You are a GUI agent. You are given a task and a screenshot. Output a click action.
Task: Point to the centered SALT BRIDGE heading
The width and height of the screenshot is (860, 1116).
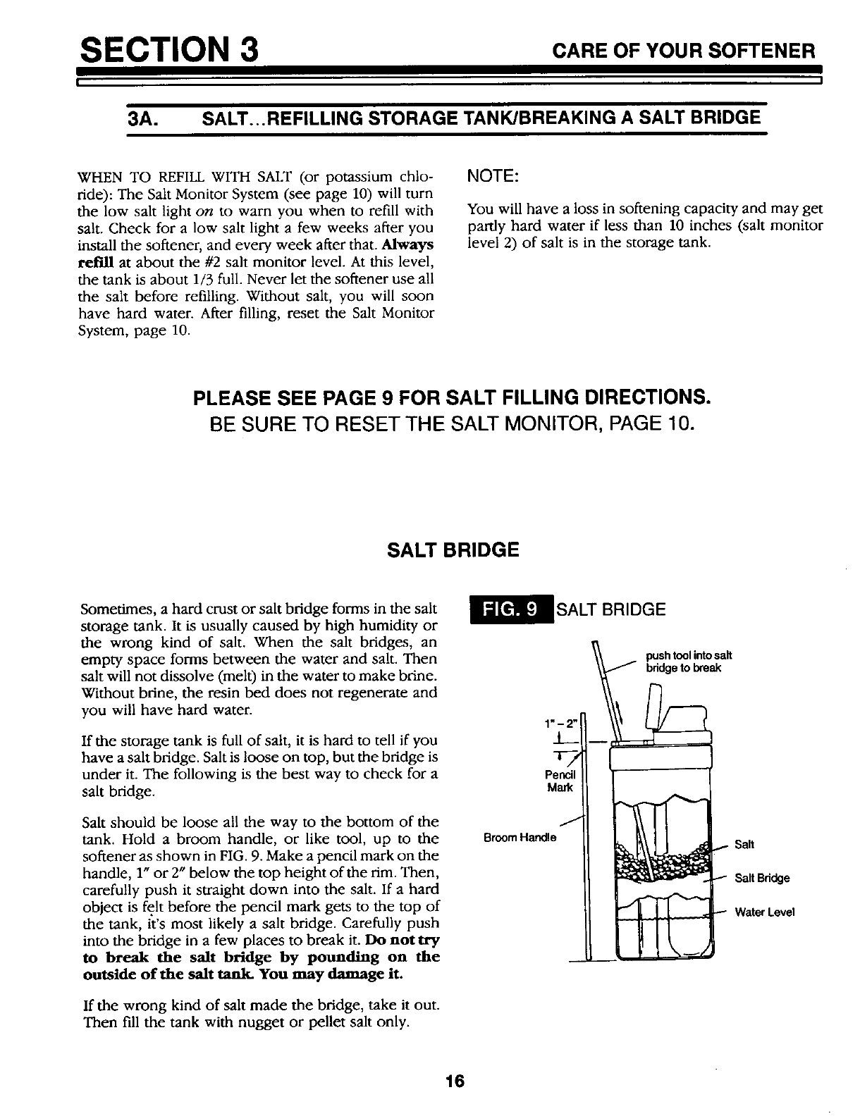click(x=453, y=550)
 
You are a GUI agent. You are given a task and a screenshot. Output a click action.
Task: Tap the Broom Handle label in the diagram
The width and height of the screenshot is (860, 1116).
click(x=520, y=838)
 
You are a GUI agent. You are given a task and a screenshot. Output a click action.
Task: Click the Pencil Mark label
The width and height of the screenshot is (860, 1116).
click(x=562, y=781)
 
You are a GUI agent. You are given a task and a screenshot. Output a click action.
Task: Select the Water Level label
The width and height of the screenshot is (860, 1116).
click(x=764, y=912)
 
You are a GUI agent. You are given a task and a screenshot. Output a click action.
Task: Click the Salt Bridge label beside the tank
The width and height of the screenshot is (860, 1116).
click(x=762, y=878)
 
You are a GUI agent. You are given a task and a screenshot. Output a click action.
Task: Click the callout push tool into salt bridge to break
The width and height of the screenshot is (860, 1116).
click(x=683, y=662)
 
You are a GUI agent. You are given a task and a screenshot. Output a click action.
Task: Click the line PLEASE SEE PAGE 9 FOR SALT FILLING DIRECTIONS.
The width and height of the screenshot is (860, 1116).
click(x=451, y=398)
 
